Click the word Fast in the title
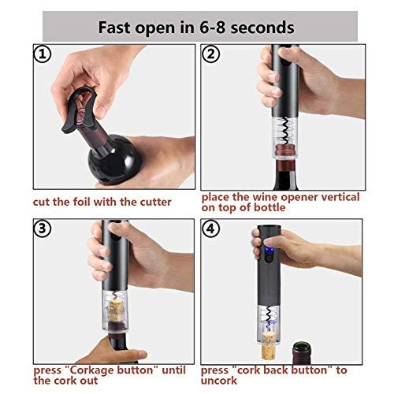119,27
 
